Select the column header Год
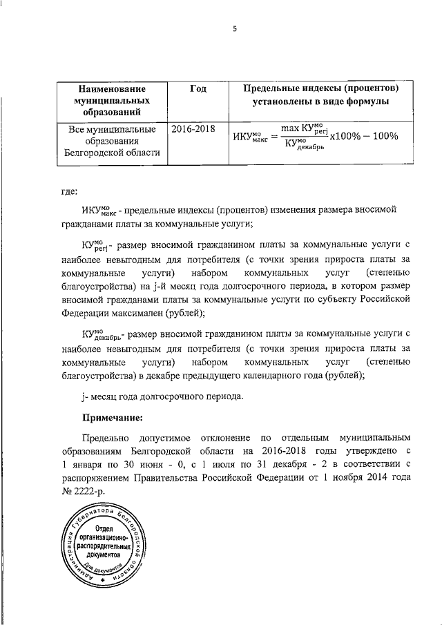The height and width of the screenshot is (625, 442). point(198,89)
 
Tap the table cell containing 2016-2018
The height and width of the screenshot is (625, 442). point(193,128)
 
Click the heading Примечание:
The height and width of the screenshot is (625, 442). point(113,417)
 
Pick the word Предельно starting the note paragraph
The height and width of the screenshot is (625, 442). point(104,438)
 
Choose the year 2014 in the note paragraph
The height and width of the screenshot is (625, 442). point(375,477)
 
